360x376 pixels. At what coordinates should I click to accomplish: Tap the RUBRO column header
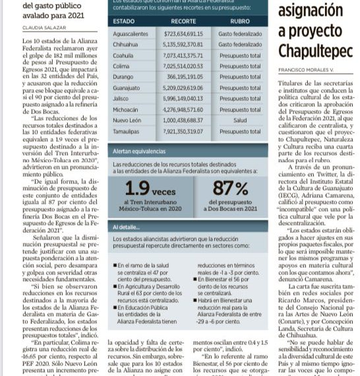(240, 22)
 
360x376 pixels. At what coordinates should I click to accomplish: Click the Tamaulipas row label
(129, 131)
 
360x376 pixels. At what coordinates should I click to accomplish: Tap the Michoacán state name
(127, 110)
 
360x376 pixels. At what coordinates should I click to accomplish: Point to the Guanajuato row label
(128, 87)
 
